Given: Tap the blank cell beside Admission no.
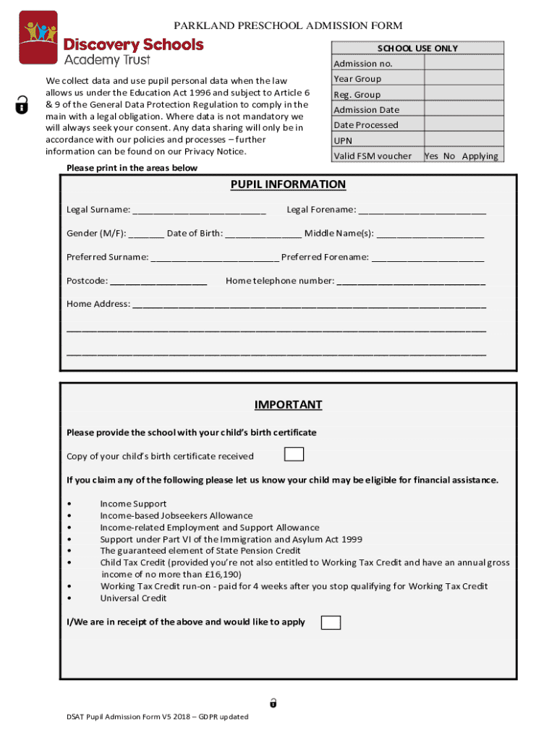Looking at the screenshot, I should [x=462, y=63].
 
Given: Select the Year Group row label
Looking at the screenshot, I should [x=357, y=79].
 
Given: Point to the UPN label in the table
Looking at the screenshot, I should [x=343, y=140].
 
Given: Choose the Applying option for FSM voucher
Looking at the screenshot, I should [x=480, y=156].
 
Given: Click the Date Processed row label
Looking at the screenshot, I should [x=365, y=125].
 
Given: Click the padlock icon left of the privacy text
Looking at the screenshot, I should [x=22, y=106].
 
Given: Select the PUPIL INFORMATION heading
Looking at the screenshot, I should [x=288, y=185].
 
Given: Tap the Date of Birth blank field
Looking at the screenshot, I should [x=263, y=234].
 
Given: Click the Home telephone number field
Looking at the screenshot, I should [x=411, y=281].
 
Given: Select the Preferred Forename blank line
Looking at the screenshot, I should [x=428, y=258].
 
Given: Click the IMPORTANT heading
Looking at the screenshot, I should [x=288, y=405].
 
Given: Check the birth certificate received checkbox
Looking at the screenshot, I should [x=294, y=454].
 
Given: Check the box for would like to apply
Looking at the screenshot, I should [x=331, y=622].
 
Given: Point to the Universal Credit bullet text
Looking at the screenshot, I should [x=133, y=598].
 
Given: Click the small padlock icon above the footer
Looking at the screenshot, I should [x=273, y=702].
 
